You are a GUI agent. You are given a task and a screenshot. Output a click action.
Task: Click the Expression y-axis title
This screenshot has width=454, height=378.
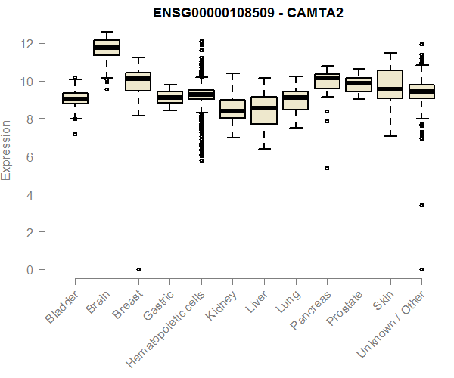7,149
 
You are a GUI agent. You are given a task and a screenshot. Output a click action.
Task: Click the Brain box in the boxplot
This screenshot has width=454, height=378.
106,48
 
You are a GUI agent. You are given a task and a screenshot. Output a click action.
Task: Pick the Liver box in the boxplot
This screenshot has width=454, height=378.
263,110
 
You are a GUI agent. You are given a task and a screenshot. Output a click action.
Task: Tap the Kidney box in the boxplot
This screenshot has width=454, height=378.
232,109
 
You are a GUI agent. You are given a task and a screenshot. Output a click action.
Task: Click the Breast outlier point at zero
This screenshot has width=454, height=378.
138,269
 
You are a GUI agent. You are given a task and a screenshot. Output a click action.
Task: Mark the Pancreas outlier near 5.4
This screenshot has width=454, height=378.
327,169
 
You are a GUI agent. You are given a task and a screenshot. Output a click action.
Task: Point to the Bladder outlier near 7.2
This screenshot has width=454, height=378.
74,135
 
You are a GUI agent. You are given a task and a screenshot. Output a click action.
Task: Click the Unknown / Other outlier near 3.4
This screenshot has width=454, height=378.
421,205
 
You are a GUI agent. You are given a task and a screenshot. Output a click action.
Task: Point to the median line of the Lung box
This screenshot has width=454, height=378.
295,98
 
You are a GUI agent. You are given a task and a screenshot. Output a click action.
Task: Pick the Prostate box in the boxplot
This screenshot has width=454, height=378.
358,84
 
